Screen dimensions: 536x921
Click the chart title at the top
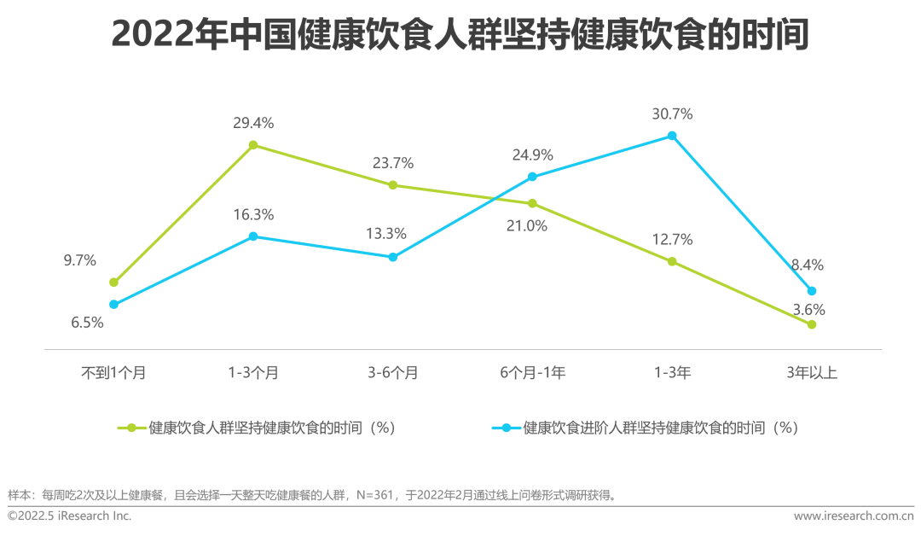pos(460,36)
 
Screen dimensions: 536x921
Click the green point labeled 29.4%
pos(253,146)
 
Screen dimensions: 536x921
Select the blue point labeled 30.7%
pos(672,136)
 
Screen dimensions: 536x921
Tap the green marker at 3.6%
pos(812,324)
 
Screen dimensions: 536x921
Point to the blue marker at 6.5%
pos(113,304)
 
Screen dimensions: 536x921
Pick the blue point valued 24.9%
pos(532,177)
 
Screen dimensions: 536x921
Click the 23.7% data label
pos(393,162)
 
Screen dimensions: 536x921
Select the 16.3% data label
pos(253,214)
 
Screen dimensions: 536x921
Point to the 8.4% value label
pos(807,265)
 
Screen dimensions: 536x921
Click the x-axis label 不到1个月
pos(113,372)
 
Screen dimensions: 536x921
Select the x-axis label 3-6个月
pos(393,372)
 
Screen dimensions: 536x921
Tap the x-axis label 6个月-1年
pos(532,372)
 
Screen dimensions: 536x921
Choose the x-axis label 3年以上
pos(812,372)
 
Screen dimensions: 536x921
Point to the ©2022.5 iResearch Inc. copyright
pos(70,516)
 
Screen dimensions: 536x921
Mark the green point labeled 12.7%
pos(672,261)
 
